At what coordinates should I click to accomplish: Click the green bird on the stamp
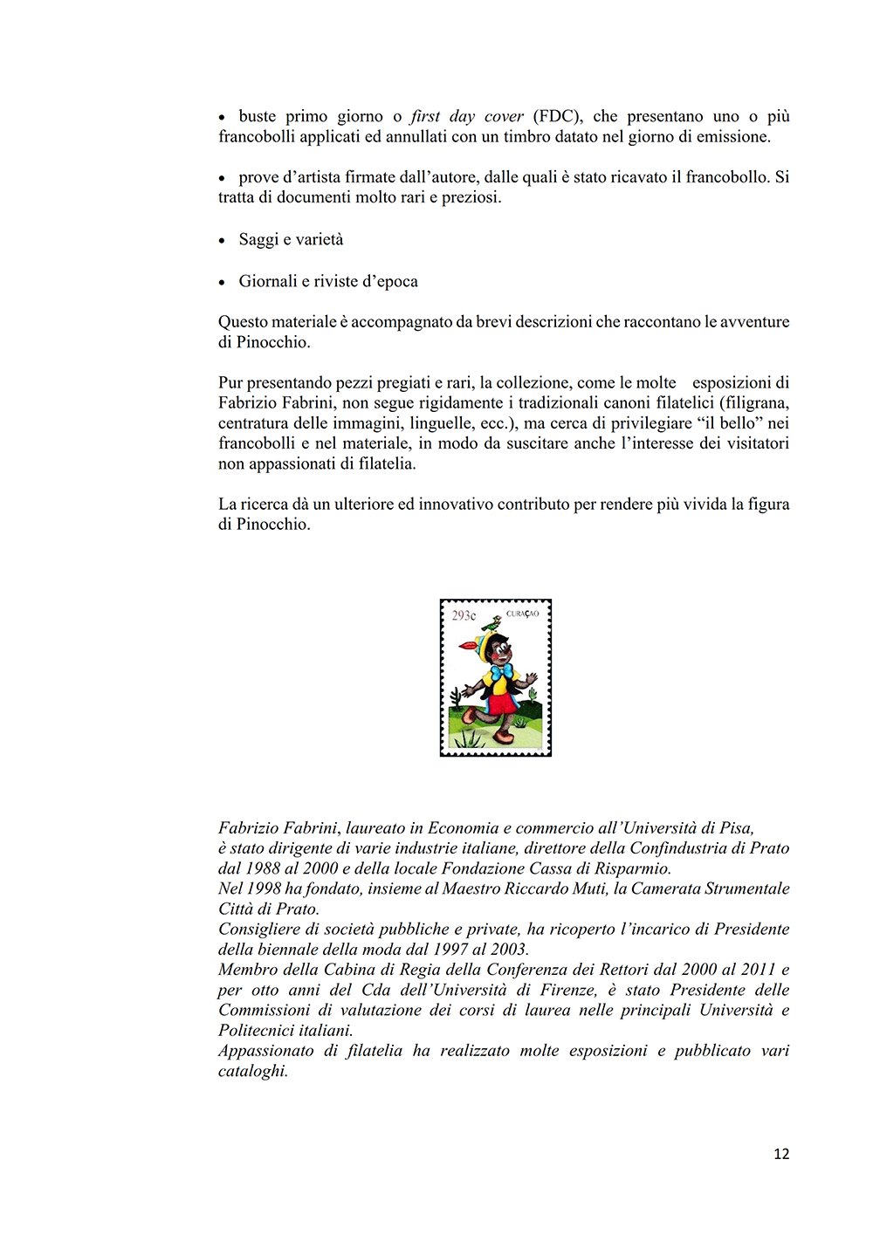493,623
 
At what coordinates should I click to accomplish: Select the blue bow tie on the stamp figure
499,672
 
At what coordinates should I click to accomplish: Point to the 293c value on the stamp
464,616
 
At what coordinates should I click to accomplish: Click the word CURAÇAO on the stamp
522,614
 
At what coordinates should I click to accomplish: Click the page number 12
781,1154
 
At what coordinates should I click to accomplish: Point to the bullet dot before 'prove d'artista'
222,178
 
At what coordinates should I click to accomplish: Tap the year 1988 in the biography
263,868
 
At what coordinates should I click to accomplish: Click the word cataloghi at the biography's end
252,1071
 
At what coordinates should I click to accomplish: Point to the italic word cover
504,116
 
